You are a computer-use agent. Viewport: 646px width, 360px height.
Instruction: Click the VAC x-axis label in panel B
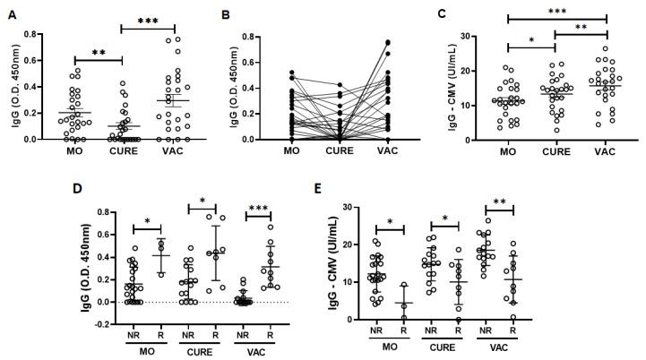click(395, 151)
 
